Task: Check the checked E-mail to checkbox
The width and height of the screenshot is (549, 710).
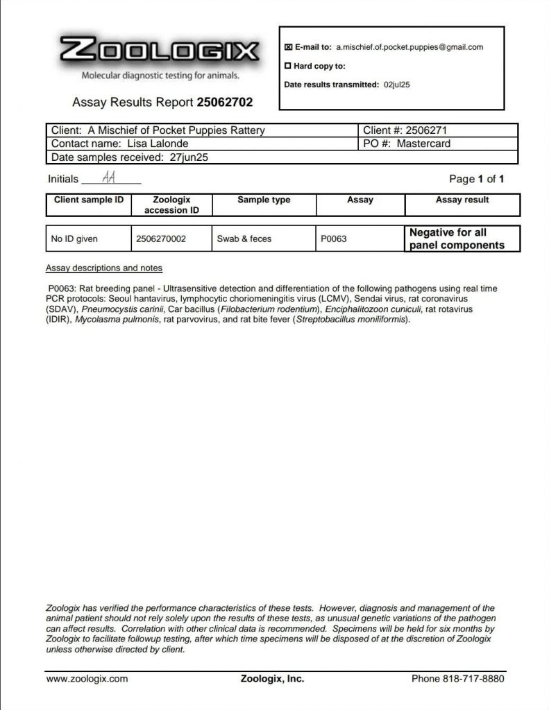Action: [x=288, y=47]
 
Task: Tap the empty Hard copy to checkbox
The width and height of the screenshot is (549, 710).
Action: [x=288, y=67]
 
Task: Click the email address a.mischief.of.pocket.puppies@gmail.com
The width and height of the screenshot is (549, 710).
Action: [x=409, y=47]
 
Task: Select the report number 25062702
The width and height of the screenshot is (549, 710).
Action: [x=225, y=103]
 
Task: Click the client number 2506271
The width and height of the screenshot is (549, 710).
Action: [x=428, y=130]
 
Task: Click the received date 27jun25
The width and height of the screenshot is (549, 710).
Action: [x=189, y=157]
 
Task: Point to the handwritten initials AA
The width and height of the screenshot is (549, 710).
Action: [x=109, y=177]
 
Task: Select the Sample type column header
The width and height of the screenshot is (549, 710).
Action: [x=264, y=200]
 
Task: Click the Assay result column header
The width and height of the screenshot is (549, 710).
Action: [x=462, y=200]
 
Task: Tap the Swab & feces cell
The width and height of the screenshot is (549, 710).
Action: [x=244, y=239]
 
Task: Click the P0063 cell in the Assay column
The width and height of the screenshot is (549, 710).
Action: [x=333, y=239]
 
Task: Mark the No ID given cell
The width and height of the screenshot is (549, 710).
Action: [x=75, y=239]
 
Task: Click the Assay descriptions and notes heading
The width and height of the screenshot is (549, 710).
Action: [x=104, y=268]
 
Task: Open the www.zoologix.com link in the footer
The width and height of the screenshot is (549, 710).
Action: [x=87, y=679]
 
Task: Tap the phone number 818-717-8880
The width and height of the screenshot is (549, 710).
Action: [x=457, y=679]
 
